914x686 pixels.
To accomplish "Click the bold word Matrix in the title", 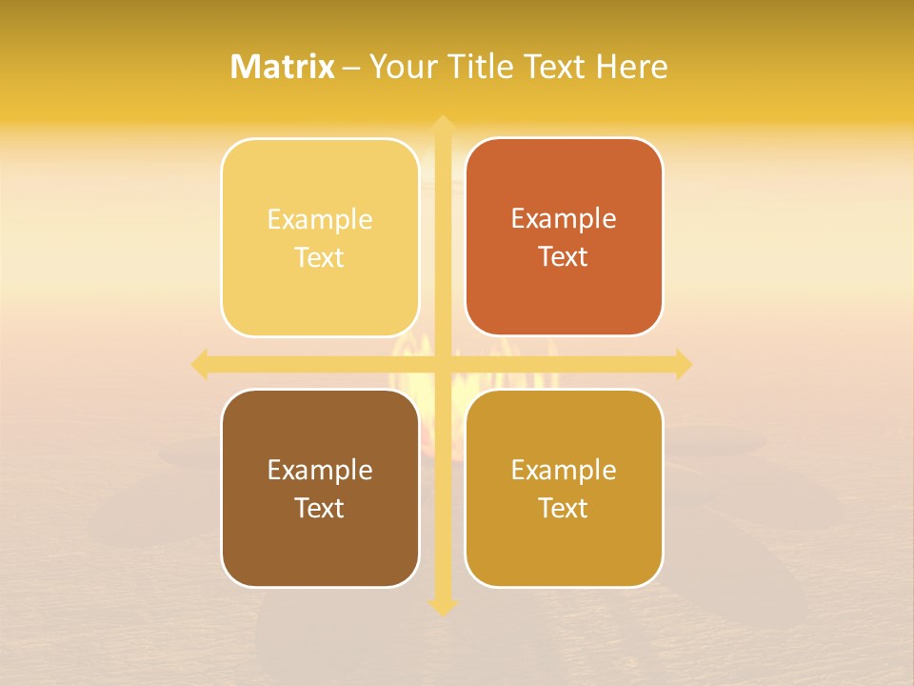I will (x=283, y=67).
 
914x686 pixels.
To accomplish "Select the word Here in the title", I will (x=632, y=67).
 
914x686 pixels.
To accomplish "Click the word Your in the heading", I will (x=400, y=67).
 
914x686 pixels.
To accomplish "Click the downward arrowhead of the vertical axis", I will (x=443, y=608).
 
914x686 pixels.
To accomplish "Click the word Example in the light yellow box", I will (x=320, y=220).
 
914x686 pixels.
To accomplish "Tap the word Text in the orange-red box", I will (x=564, y=257).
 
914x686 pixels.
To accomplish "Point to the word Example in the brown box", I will (x=320, y=471).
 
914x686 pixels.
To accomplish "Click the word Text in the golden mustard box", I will (x=564, y=508).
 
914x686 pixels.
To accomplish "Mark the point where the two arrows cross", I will (x=443, y=364).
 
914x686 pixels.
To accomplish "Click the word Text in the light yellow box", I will (x=320, y=258).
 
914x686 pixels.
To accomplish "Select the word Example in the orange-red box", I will (x=564, y=219).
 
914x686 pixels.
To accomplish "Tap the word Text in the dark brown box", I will (x=320, y=508).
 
